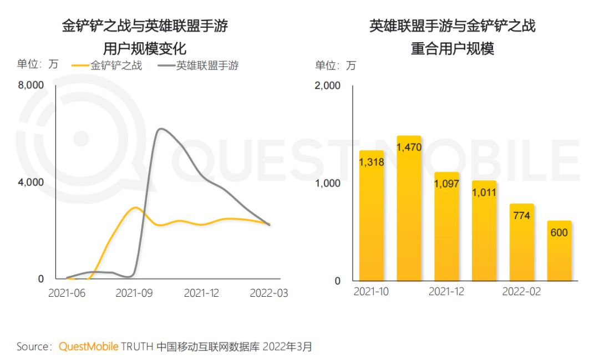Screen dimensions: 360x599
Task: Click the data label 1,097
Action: pos(446,184)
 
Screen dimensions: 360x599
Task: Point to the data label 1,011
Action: pos(484,192)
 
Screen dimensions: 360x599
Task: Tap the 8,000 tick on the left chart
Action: pos(31,85)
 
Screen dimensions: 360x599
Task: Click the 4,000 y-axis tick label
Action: pos(31,182)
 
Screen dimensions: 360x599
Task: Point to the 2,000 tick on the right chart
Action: pos(328,86)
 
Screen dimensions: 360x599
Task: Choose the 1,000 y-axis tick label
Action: pos(328,183)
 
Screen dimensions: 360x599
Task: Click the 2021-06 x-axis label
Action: pos(67,293)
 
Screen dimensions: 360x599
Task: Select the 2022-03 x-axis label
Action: pos(268,293)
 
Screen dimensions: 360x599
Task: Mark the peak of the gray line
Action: pos(160,129)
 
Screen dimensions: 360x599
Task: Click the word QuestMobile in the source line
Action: pos(89,347)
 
